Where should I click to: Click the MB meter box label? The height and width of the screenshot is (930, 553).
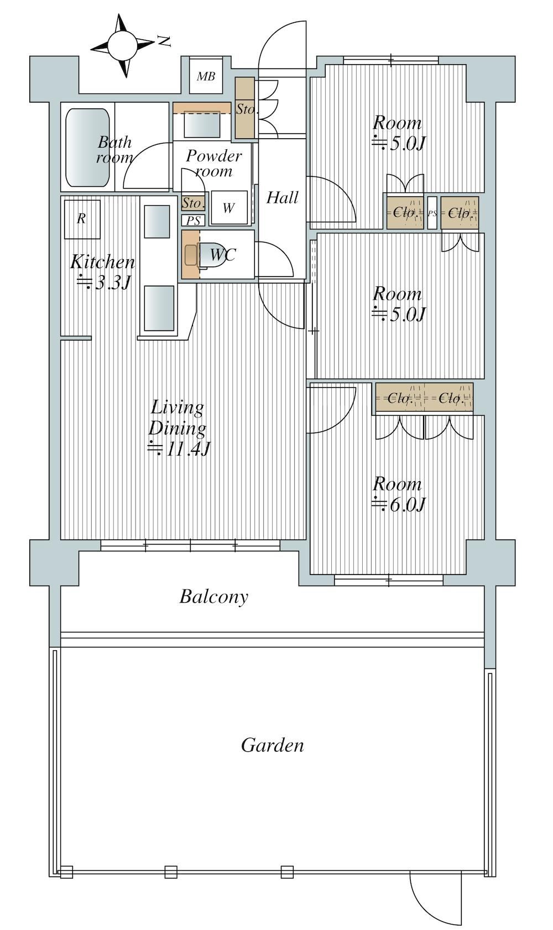tap(206, 76)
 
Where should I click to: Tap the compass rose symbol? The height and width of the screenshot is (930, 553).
tap(122, 45)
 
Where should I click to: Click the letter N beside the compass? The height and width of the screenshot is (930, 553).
tap(165, 41)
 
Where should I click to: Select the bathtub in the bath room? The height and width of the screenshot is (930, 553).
tap(87, 148)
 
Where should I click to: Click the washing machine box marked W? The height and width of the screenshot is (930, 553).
tap(229, 207)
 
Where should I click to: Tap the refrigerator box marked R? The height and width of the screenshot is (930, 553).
tap(82, 219)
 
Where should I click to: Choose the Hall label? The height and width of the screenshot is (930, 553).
tap(283, 197)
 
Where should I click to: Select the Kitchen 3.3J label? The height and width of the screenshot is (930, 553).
tap(102, 273)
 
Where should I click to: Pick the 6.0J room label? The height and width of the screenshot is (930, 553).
tap(398, 494)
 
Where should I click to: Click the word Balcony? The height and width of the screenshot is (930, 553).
tap(214, 597)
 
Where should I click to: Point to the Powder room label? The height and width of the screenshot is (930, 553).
tap(214, 163)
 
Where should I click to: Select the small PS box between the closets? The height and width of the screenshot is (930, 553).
tap(432, 213)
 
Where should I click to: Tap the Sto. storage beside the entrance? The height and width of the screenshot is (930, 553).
tap(245, 108)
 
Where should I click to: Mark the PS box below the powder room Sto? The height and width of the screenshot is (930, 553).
tap(193, 220)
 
